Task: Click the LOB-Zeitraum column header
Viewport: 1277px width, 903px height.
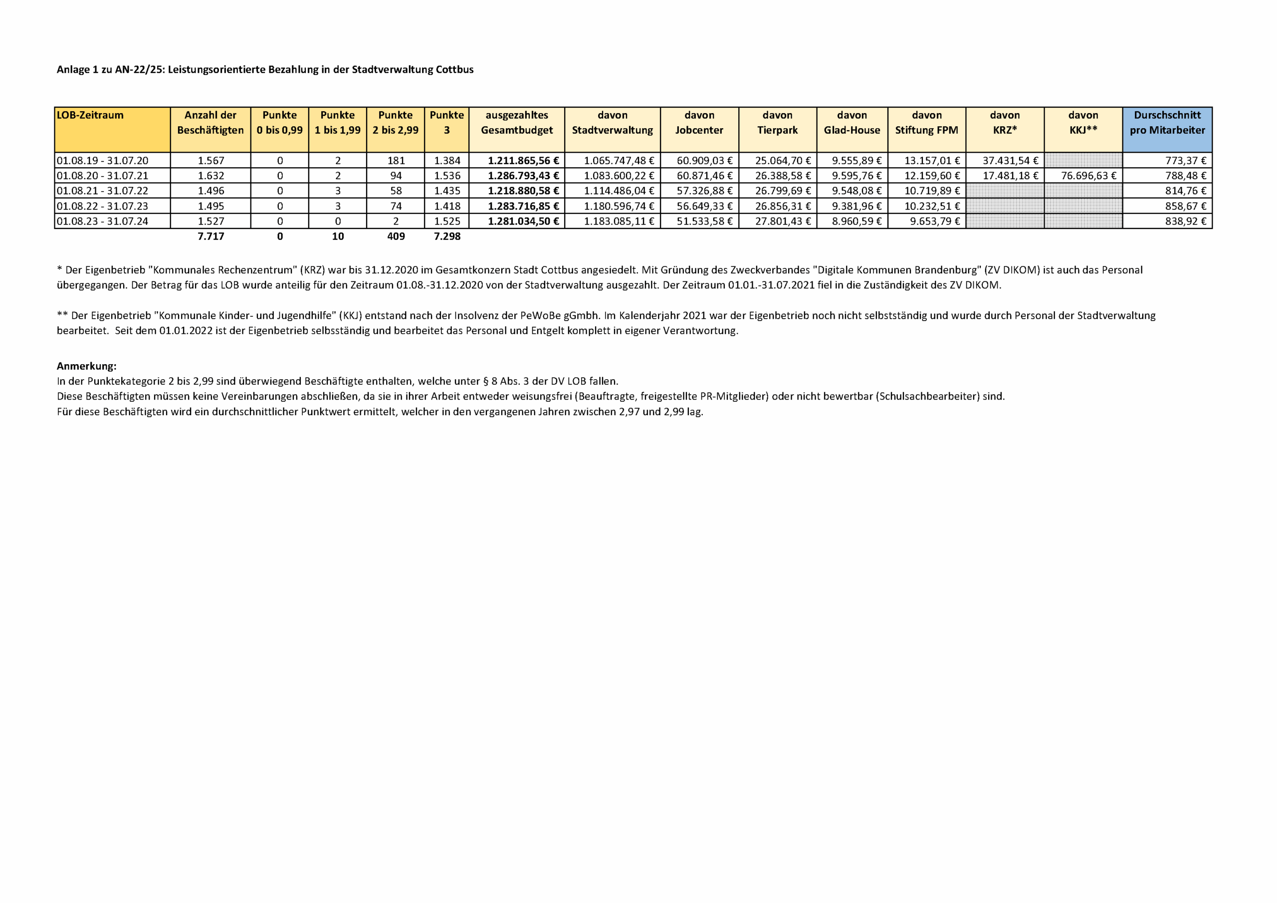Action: [x=90, y=115]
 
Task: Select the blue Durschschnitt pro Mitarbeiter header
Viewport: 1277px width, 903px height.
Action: [x=1167, y=123]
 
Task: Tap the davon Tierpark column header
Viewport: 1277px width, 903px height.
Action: [x=777, y=123]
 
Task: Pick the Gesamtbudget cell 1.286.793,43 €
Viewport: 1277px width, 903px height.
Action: [x=523, y=176]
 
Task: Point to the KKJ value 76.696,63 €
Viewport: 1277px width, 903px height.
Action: [x=1088, y=176]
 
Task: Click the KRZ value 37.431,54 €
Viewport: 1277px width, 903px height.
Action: [x=1010, y=161]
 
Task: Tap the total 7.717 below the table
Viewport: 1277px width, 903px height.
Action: [x=211, y=236]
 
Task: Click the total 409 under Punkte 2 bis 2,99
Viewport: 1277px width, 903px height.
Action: [x=396, y=236]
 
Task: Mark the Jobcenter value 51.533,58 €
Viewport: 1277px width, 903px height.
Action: [x=704, y=222]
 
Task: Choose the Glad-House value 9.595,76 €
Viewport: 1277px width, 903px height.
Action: [x=856, y=176]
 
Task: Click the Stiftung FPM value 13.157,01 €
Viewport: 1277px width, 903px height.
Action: [x=932, y=161]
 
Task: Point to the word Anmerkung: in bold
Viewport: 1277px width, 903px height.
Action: [x=87, y=366]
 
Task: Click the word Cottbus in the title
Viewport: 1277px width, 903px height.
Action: [x=454, y=69]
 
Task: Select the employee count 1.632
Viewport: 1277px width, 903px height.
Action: [x=211, y=176]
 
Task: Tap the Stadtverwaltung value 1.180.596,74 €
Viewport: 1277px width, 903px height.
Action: [x=619, y=207]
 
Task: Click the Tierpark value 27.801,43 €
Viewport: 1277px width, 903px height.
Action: [x=783, y=222]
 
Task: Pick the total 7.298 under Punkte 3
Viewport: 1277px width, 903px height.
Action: [x=447, y=236]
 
